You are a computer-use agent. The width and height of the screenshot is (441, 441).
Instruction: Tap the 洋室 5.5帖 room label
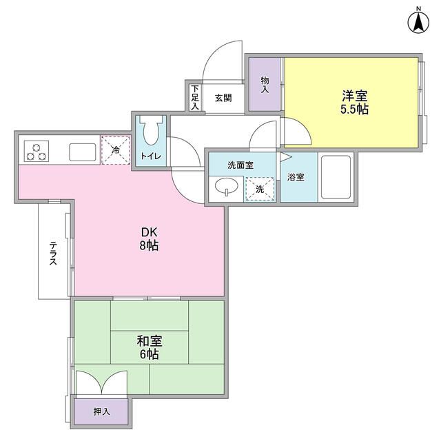tap(352, 102)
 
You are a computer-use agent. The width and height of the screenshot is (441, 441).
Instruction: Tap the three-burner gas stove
tap(35, 150)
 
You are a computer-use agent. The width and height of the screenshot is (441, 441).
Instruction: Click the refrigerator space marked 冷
tap(116, 150)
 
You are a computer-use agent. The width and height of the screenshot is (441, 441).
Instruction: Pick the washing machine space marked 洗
tap(260, 188)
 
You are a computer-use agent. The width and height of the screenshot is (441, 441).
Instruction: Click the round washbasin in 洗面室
tap(227, 187)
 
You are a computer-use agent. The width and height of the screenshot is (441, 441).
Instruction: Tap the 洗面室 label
tap(240, 166)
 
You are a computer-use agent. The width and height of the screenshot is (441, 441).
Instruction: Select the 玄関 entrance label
tap(223, 98)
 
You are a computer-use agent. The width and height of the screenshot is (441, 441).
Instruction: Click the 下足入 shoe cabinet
tap(194, 98)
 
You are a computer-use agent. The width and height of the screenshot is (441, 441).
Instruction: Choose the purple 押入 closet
tap(101, 411)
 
